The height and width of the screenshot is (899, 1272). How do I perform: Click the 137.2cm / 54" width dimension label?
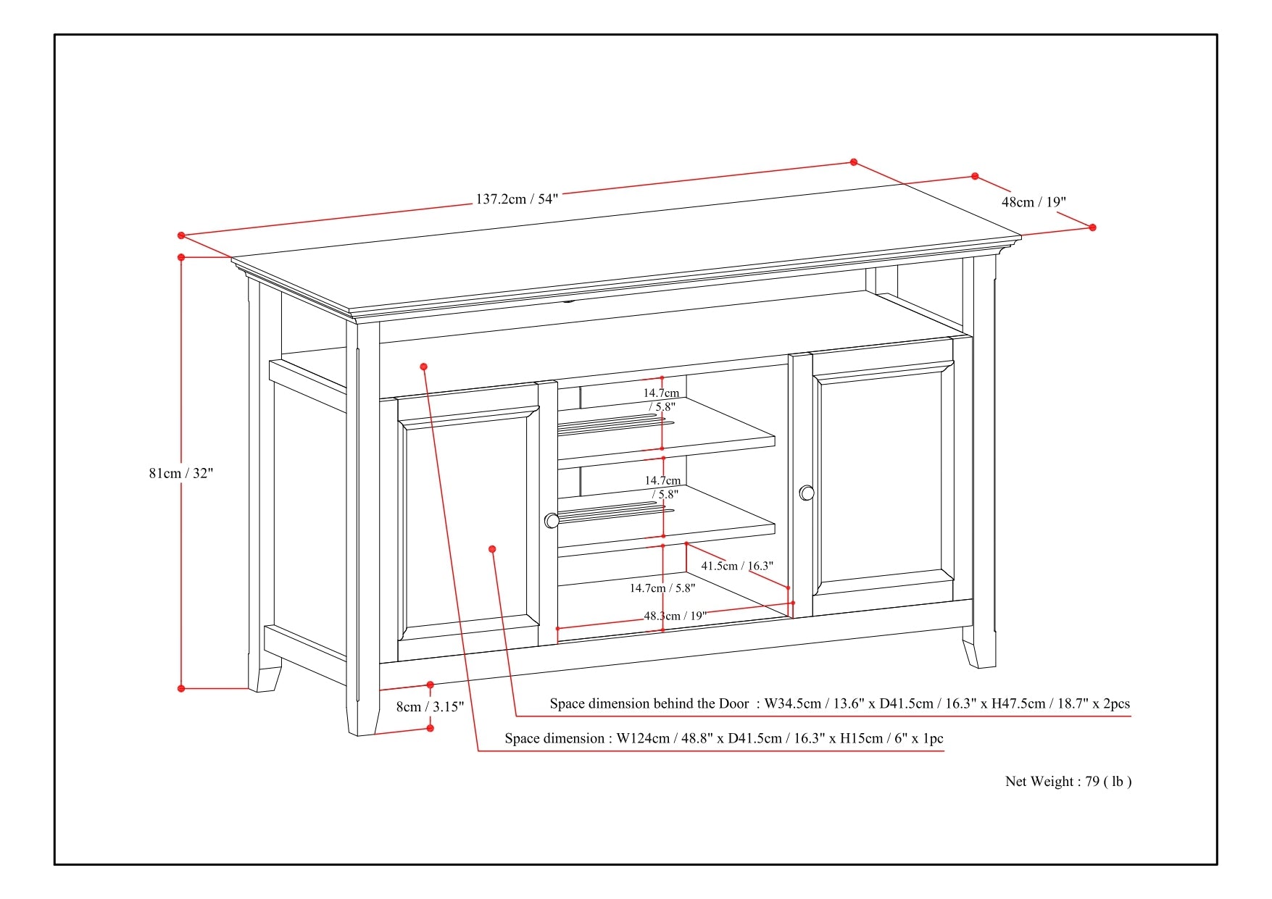517,198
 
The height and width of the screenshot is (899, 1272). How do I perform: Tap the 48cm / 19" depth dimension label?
1034,202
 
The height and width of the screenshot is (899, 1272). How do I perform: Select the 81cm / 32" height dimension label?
181,473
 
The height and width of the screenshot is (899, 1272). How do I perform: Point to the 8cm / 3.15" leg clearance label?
430,707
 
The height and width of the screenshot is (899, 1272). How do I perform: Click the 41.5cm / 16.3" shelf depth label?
736,566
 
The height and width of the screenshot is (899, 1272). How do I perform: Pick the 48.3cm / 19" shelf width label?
674,616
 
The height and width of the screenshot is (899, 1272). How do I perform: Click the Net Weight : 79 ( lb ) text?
1068,781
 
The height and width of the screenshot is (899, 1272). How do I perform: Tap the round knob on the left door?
552,520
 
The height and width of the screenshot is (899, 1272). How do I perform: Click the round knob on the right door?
807,493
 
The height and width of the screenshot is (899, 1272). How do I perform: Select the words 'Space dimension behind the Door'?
649,703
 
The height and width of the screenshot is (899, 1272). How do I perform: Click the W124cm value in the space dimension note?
643,739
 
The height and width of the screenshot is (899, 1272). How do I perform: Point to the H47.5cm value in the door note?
1019,703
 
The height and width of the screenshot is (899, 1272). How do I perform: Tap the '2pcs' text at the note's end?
1115,703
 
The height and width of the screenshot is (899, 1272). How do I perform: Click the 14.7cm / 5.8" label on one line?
662,588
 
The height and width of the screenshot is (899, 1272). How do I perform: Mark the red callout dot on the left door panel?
492,549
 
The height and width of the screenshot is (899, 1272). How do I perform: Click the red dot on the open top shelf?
424,367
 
